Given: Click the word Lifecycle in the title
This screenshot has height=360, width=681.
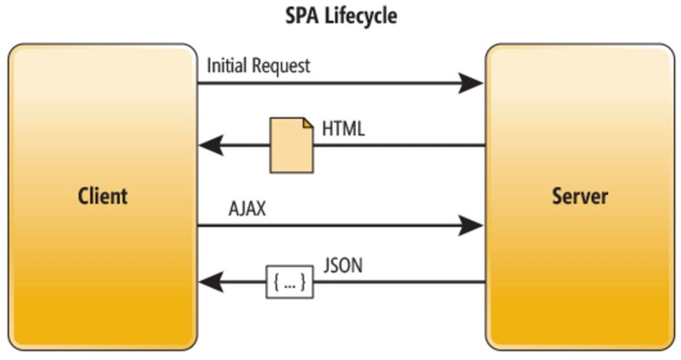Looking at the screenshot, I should point(361,16).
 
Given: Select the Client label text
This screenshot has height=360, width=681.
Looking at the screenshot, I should point(102,196).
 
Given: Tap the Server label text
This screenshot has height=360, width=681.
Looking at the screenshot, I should point(580,196).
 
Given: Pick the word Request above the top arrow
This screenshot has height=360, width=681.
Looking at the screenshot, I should point(281,67).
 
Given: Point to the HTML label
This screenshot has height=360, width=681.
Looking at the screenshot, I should point(343,128).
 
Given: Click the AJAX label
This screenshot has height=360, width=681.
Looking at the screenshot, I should point(247,208).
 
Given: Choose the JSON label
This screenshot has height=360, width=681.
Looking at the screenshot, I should point(343,265).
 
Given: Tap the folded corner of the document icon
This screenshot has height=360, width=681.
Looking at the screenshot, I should point(308,122).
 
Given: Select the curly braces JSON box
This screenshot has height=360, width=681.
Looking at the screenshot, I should point(290,282).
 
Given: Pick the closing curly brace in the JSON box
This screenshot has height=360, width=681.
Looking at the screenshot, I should point(303,282).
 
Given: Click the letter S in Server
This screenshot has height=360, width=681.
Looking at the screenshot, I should point(557,196).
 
